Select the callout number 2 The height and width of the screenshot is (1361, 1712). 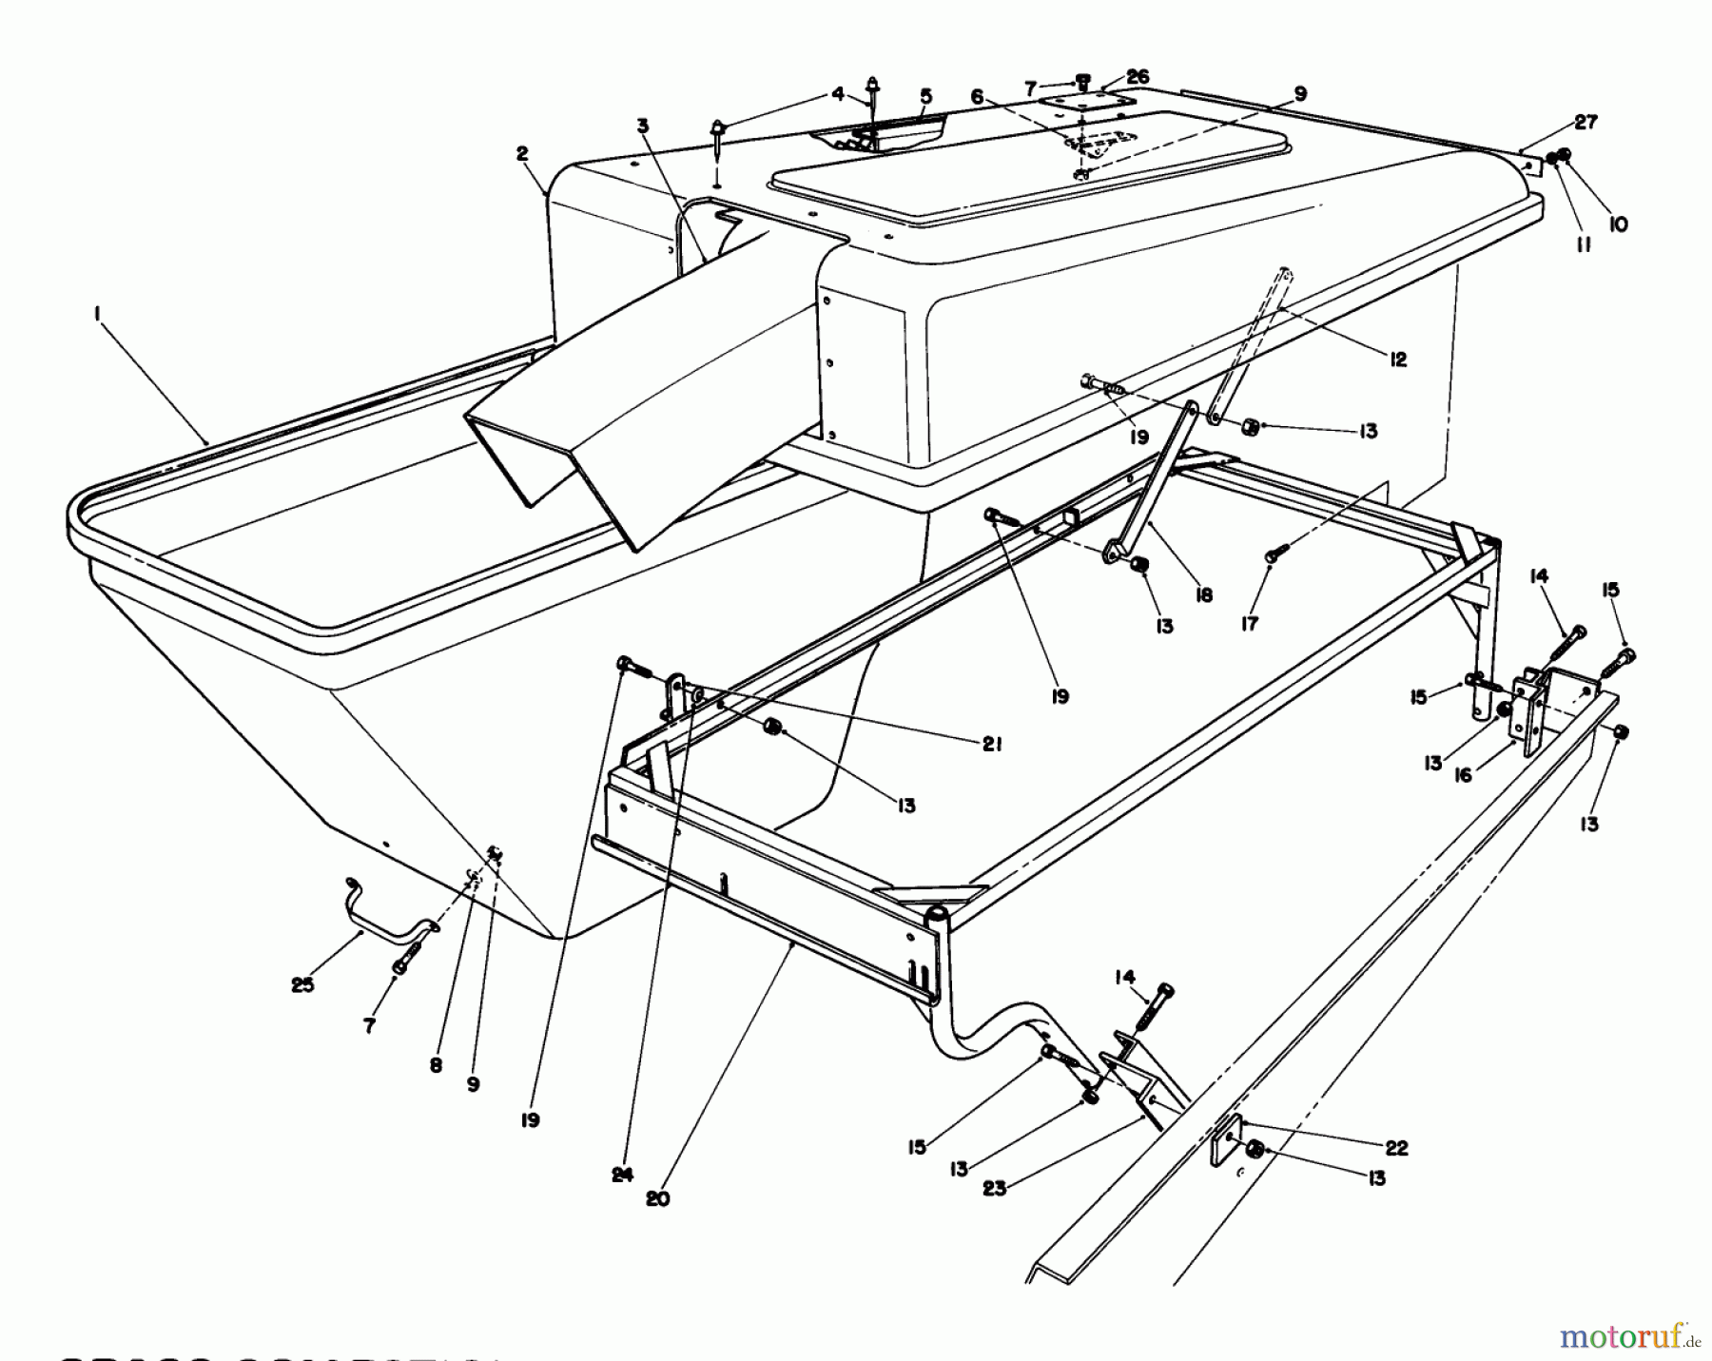(x=522, y=154)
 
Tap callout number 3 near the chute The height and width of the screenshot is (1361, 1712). (x=643, y=126)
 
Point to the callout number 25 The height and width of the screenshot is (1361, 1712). (x=302, y=985)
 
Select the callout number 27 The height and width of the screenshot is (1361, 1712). (x=1586, y=122)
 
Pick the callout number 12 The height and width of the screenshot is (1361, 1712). (x=1397, y=360)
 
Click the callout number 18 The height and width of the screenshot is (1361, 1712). (x=1203, y=594)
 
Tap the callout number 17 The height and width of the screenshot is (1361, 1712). (x=1249, y=624)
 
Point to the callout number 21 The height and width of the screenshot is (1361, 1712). (x=991, y=746)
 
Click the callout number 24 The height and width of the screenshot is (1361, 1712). (x=622, y=1176)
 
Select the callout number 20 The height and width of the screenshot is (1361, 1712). (x=657, y=1199)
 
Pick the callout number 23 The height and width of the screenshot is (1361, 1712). (x=994, y=1188)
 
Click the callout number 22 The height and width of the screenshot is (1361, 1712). (x=1395, y=1148)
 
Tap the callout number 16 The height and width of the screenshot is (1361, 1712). (x=1463, y=775)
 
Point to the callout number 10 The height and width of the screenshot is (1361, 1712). (x=1618, y=224)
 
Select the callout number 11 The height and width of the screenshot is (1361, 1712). (x=1582, y=244)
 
